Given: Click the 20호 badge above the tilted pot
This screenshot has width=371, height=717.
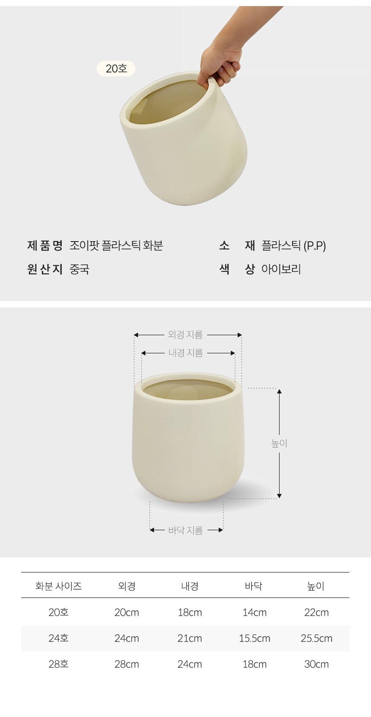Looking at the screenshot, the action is coord(116,69).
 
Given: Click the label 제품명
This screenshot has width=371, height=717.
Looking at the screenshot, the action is coord(44,245).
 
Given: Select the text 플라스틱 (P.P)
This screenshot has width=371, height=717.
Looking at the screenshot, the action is coord(293,245).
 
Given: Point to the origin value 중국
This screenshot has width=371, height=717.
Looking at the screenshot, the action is coord(79,269).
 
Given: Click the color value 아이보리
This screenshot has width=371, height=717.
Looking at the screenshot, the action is coord(281,269).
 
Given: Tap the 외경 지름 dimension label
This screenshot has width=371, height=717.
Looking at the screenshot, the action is coord(185,335).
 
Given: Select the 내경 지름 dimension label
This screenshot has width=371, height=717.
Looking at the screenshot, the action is coord(185,353).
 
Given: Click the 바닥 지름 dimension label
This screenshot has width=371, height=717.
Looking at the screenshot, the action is coord(185,530).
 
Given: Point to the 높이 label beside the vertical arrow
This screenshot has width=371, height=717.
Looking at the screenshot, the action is coord(279,443).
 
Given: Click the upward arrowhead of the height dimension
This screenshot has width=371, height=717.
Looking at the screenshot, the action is coord(279,391).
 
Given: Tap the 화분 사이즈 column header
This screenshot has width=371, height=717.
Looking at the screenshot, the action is coord(59,586).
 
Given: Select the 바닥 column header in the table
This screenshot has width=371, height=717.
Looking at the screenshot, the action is coord(254,586).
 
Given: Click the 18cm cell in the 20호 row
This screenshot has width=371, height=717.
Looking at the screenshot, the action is coord(190,612).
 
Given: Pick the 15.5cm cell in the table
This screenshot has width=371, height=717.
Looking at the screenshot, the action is coord(255,638).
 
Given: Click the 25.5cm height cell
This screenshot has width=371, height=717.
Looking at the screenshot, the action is coord(316,638).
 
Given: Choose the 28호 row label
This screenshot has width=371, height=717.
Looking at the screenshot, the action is coord(59,664).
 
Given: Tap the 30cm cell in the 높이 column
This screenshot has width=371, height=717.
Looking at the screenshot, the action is coord(316,664).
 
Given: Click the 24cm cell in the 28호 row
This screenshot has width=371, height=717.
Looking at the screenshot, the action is coord(190,664).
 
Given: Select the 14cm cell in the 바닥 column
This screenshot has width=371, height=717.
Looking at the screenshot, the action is coord(255,612).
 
